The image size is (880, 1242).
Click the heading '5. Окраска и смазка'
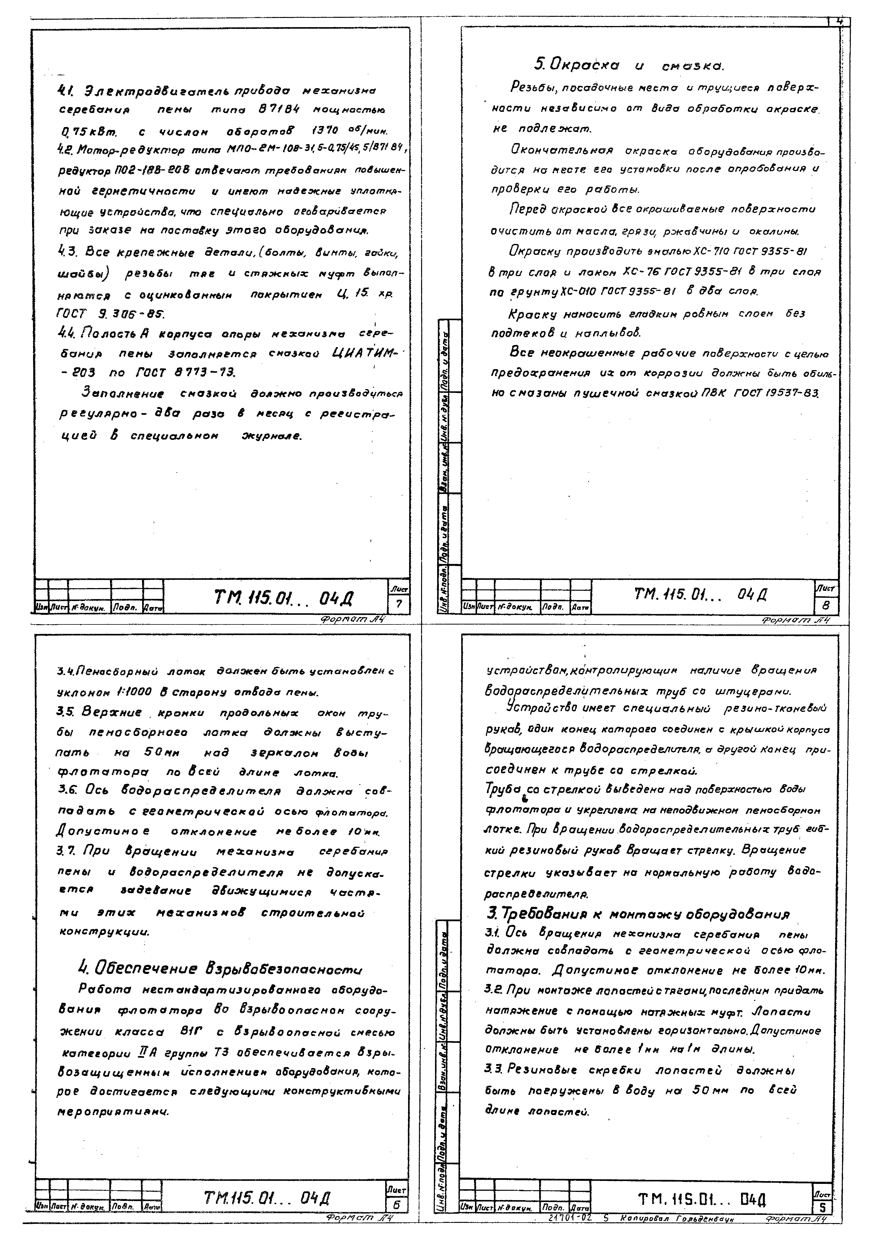[x=629, y=66]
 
